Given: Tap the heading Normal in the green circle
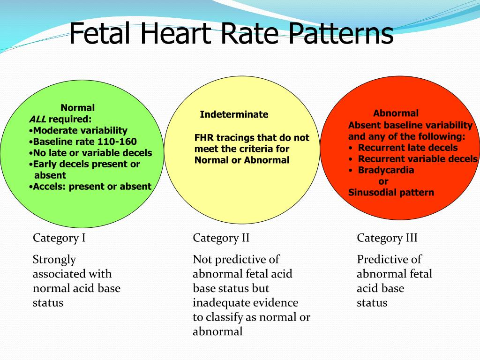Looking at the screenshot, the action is pos(78,108).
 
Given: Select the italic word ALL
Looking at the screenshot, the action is pos(37,119).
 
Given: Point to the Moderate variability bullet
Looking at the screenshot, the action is pos(78,131).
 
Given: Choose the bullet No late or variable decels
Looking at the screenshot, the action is pos(90,153).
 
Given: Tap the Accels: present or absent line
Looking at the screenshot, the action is pos(90,187).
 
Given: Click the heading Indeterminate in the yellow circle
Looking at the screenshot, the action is pos(234,114).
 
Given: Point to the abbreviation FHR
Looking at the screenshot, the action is pos(204,138).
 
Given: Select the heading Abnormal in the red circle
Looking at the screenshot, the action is pos(396,113).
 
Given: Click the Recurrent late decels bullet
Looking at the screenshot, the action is pos(403,148).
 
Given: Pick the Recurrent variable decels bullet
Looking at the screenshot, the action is pos(413,159).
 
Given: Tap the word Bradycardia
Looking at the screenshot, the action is pos(386,170).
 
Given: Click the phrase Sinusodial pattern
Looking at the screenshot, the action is pos(391,193).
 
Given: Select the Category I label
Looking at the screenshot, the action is pos(59,238).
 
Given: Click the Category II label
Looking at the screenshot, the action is pos(221,238).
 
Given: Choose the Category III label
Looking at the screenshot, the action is pos(387,238).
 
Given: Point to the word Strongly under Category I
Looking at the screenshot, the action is pos(54,260).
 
